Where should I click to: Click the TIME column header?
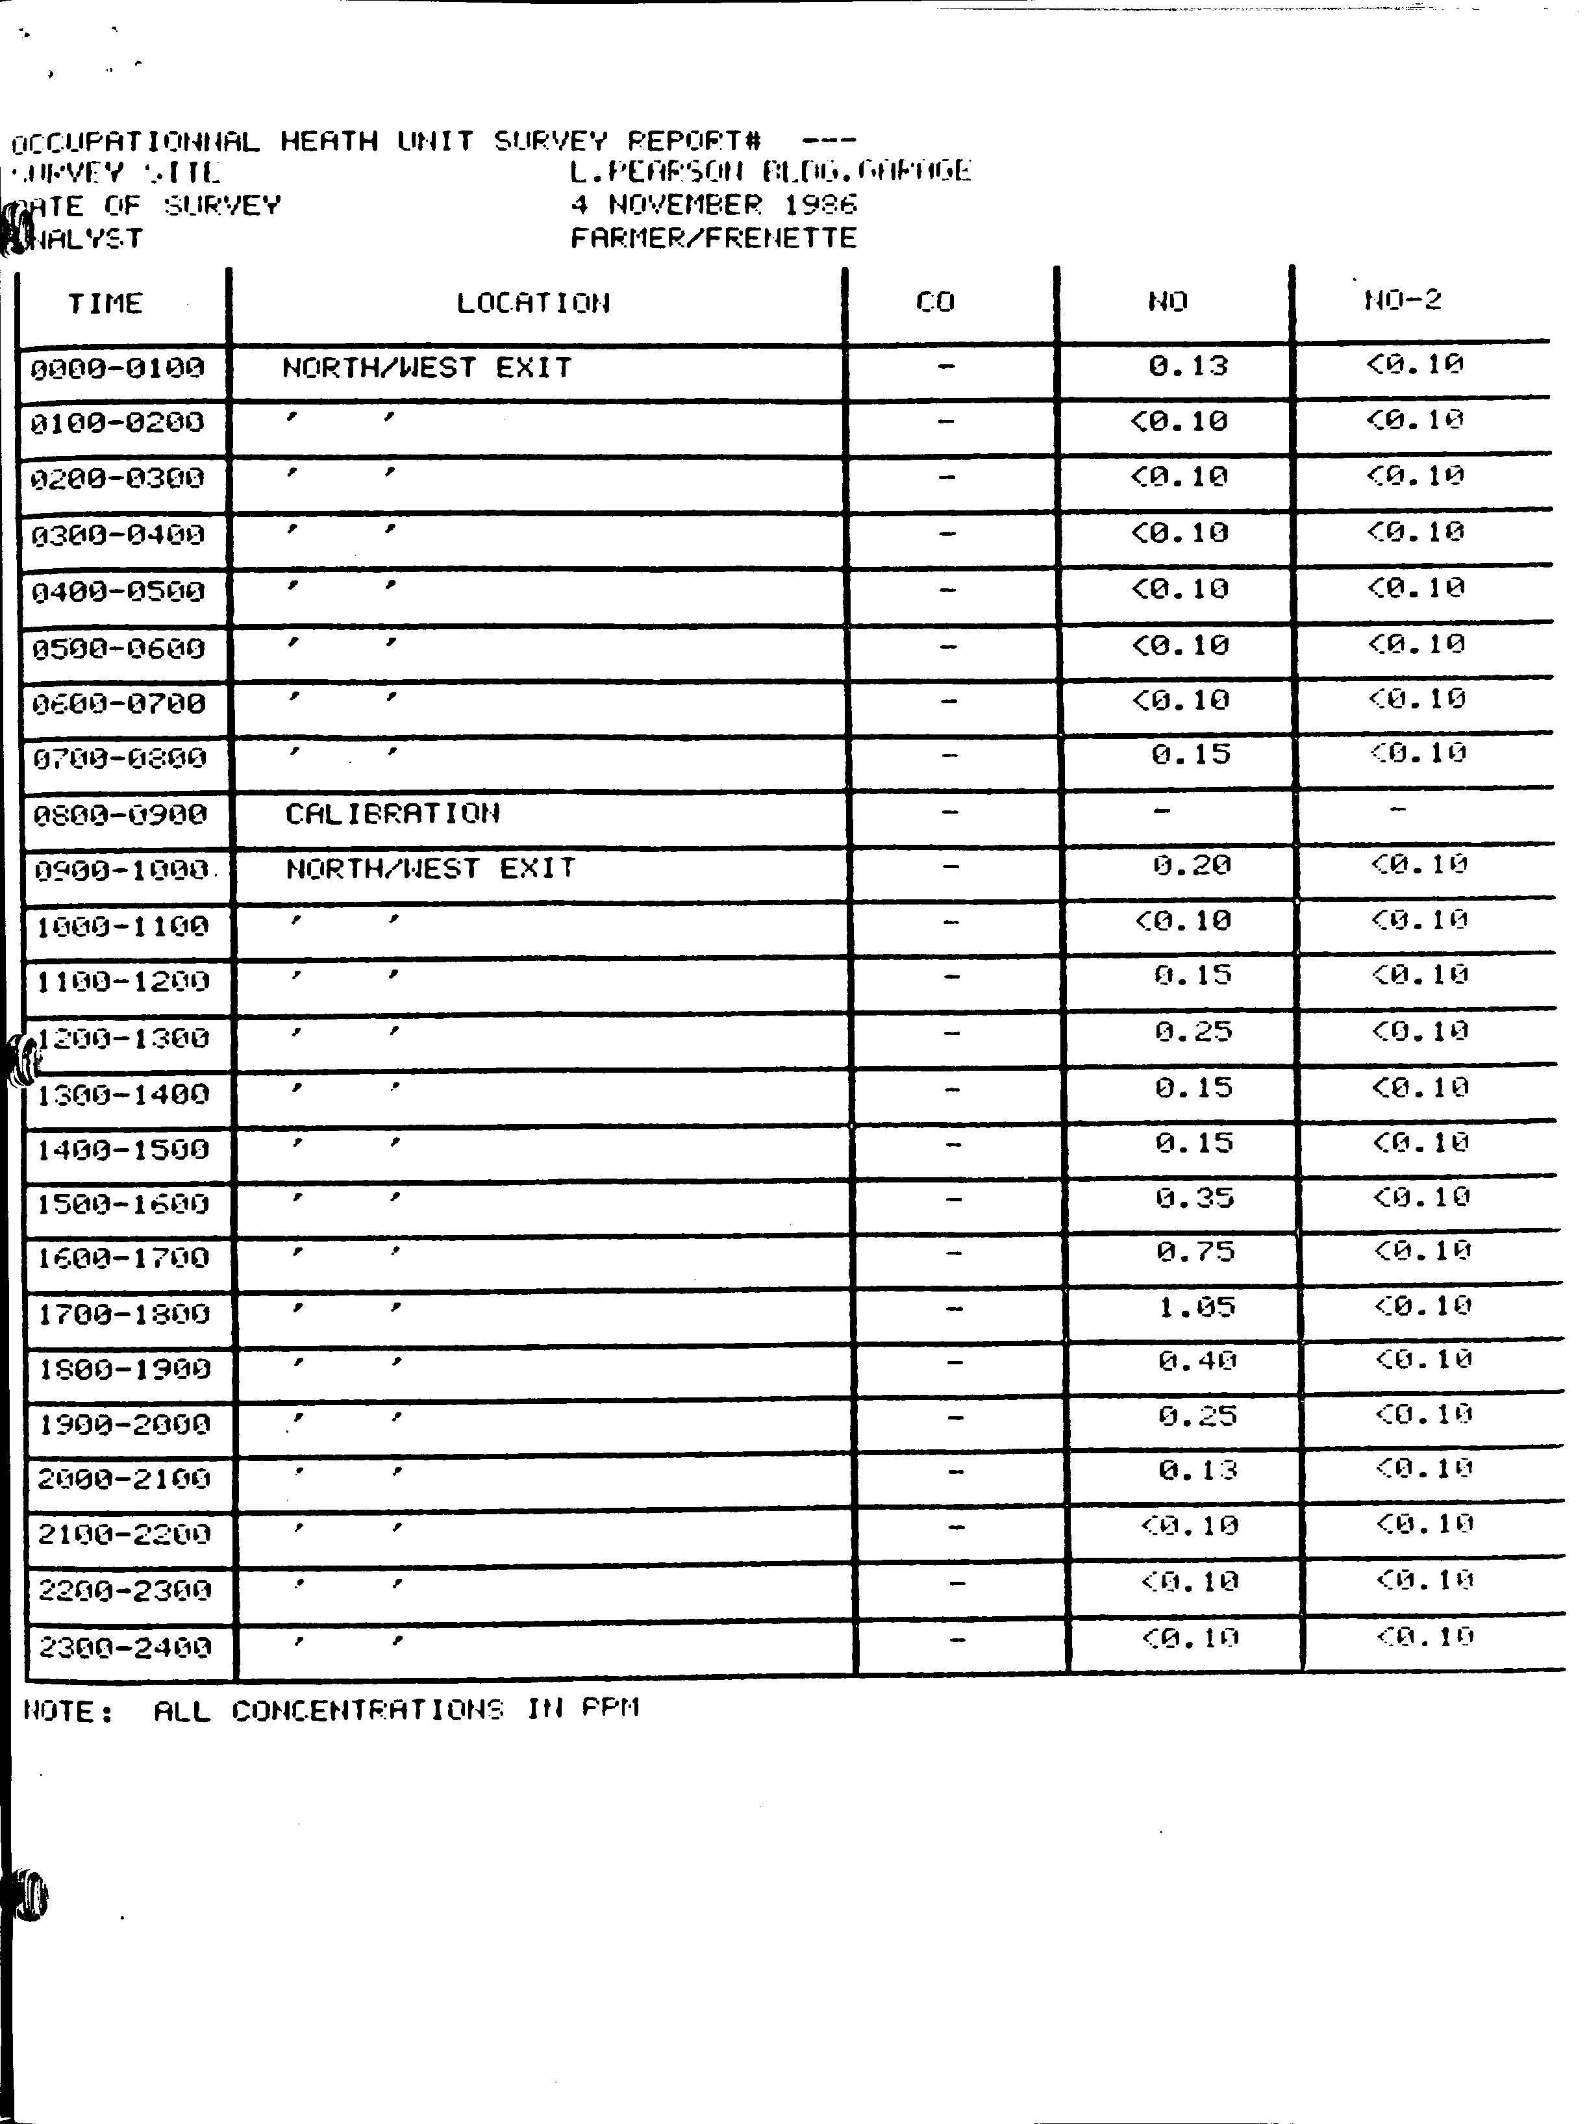[x=105, y=303]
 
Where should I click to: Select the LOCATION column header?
[x=533, y=303]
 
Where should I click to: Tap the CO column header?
[x=935, y=303]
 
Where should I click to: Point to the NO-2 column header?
[x=1403, y=301]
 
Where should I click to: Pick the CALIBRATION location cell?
[x=393, y=814]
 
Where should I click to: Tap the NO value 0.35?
[x=1194, y=1198]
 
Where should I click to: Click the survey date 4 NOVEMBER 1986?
[x=714, y=205]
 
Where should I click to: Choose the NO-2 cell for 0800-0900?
[x=1398, y=810]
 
